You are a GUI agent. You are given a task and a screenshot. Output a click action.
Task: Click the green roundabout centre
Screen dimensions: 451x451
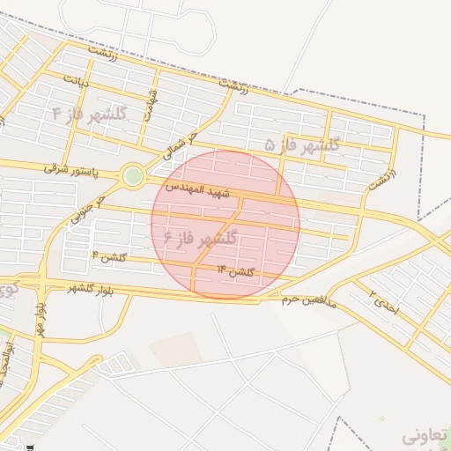[133, 176]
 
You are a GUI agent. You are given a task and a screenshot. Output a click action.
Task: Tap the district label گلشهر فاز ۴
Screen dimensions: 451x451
[90, 114]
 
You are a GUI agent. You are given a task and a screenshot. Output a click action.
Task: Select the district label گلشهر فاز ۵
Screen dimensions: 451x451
[302, 144]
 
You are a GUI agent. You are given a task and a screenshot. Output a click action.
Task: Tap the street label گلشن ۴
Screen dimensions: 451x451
[109, 257]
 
